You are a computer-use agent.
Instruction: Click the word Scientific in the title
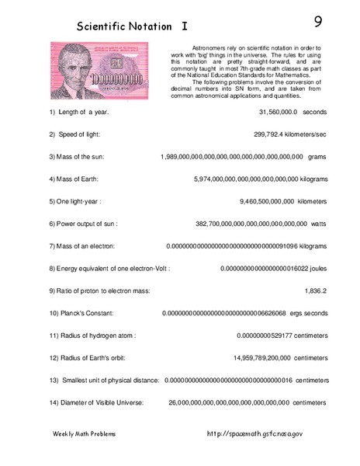[x=104, y=26]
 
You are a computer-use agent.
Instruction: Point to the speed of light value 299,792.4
[x=272, y=134]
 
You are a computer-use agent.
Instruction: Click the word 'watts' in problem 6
[x=318, y=224]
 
